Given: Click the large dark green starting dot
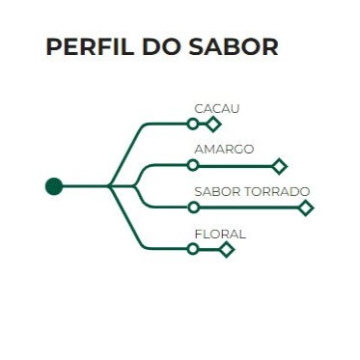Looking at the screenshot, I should pos(54,186).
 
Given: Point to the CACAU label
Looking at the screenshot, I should pos(216,108).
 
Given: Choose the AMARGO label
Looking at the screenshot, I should pos(224,150).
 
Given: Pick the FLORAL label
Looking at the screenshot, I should pos(220,234).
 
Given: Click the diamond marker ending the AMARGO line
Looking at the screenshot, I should pos(280,166).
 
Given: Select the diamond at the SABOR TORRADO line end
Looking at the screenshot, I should pos(306,208).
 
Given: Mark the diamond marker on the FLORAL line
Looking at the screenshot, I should pos(227,249).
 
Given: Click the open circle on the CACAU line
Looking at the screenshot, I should pos(193,125).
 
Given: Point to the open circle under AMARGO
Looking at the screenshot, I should pos(193,166).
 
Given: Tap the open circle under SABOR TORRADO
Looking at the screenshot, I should pos(193,208).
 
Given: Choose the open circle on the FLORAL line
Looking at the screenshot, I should pos(193,249).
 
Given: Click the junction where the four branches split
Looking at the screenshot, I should pos(110,186).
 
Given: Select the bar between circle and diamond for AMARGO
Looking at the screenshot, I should pos(236,166).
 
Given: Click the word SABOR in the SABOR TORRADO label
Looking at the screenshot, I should pos(215,191).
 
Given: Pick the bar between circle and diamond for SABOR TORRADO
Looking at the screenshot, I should pos(249,208).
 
